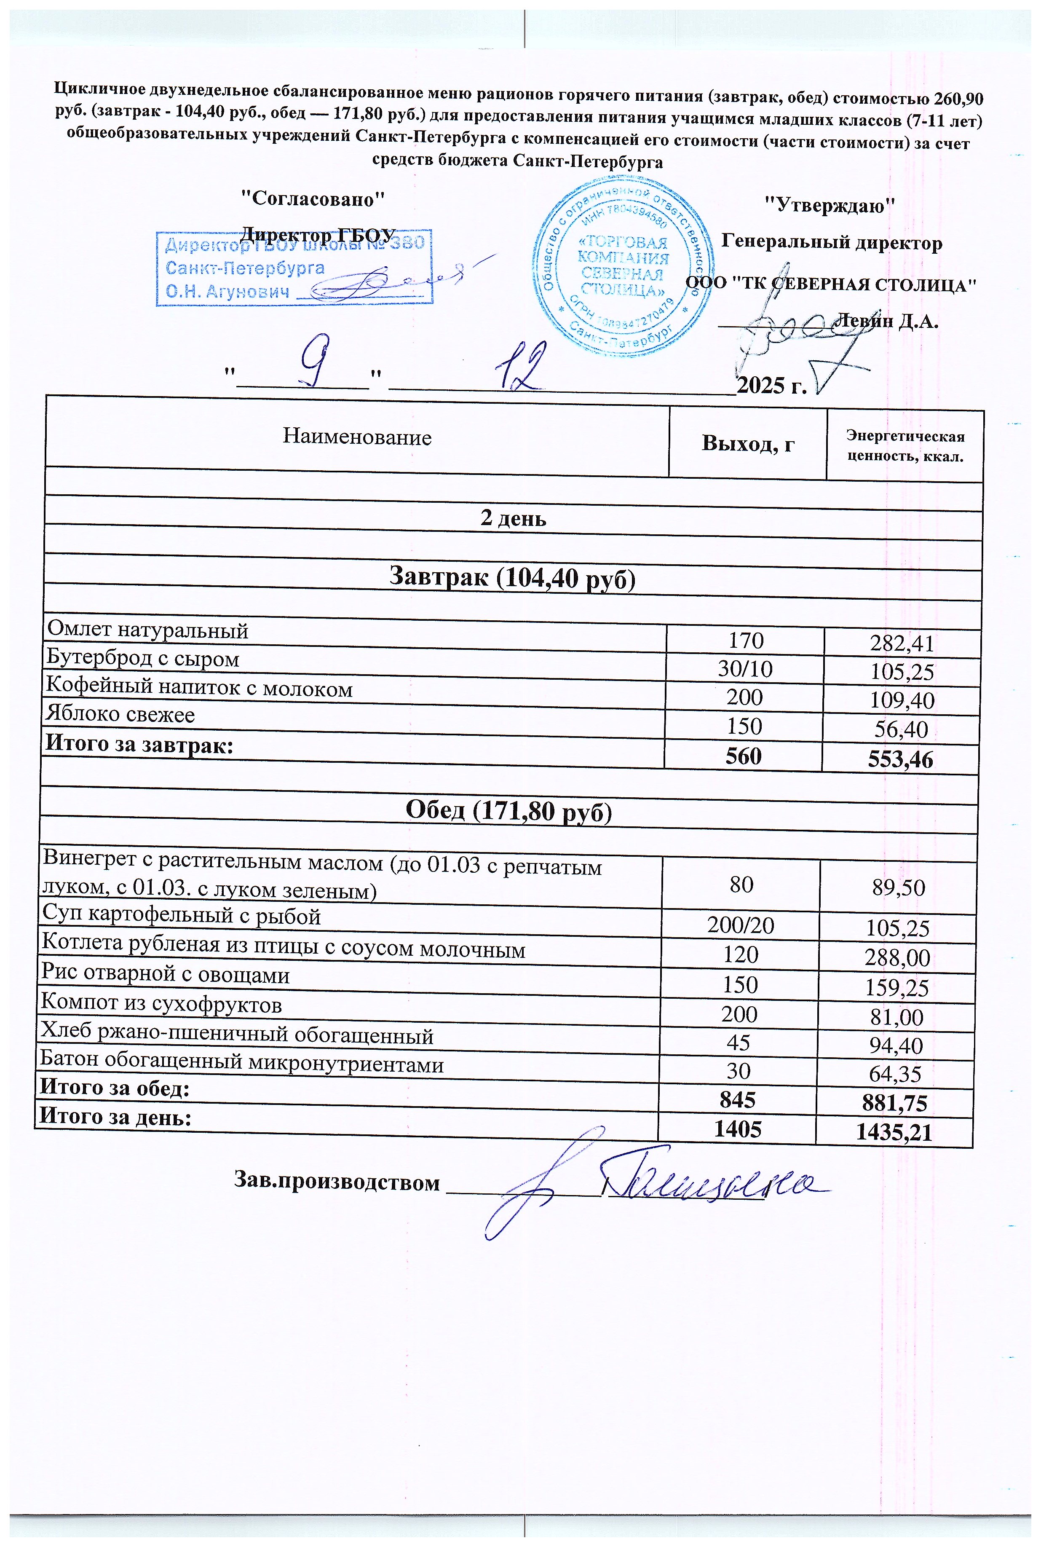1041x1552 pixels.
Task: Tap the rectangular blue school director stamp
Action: pyautogui.click(x=294, y=268)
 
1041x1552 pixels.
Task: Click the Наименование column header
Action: pyautogui.click(x=357, y=437)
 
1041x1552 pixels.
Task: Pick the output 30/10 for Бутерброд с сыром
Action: pyautogui.click(x=745, y=669)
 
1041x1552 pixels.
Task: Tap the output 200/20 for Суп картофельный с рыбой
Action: pyautogui.click(x=741, y=926)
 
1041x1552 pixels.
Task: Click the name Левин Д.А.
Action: pyautogui.click(x=886, y=322)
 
